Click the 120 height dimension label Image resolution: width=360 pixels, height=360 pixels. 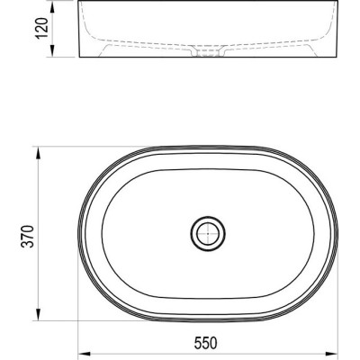click(41, 29)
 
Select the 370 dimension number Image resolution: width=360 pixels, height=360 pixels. click(27, 236)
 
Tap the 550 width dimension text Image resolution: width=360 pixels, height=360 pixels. click(205, 343)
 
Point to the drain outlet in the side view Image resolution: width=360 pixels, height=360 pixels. click(208, 51)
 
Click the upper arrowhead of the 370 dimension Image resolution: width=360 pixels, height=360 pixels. click(38, 154)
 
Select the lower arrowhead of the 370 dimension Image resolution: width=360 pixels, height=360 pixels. click(38, 313)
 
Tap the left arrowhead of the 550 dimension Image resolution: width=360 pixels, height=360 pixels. click(85, 353)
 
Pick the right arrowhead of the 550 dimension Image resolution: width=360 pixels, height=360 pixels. click(330, 353)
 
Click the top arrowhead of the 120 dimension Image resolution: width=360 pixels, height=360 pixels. click(52, 6)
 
